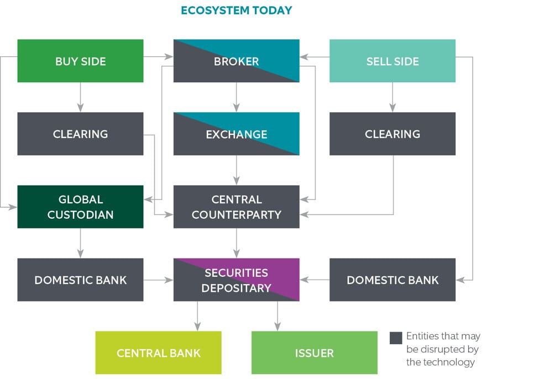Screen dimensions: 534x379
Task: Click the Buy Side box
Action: pos(80,61)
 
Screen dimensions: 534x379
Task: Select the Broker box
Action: pos(237,61)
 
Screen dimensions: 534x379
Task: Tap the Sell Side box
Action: pos(392,61)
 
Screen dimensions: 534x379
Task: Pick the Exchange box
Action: pos(237,134)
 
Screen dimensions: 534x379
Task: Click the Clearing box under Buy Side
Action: pos(80,134)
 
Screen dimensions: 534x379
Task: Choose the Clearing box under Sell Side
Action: pos(392,134)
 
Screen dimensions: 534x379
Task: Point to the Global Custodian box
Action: pos(80,207)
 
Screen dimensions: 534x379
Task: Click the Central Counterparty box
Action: pos(237,207)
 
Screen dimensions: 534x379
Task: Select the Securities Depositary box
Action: pos(237,280)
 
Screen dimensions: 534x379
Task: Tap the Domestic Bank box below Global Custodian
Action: pos(80,280)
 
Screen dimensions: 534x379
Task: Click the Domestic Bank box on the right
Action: pos(392,280)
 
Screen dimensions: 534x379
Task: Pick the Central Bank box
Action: pos(158,353)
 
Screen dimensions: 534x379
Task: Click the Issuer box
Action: pos(315,353)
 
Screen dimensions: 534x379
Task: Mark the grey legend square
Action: pos(396,338)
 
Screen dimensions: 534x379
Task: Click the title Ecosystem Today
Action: pos(237,10)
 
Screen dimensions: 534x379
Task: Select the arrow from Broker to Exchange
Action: pos(237,97)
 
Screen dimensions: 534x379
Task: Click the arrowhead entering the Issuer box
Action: pos(278,327)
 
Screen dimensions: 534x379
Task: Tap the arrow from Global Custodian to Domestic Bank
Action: pos(80,243)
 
